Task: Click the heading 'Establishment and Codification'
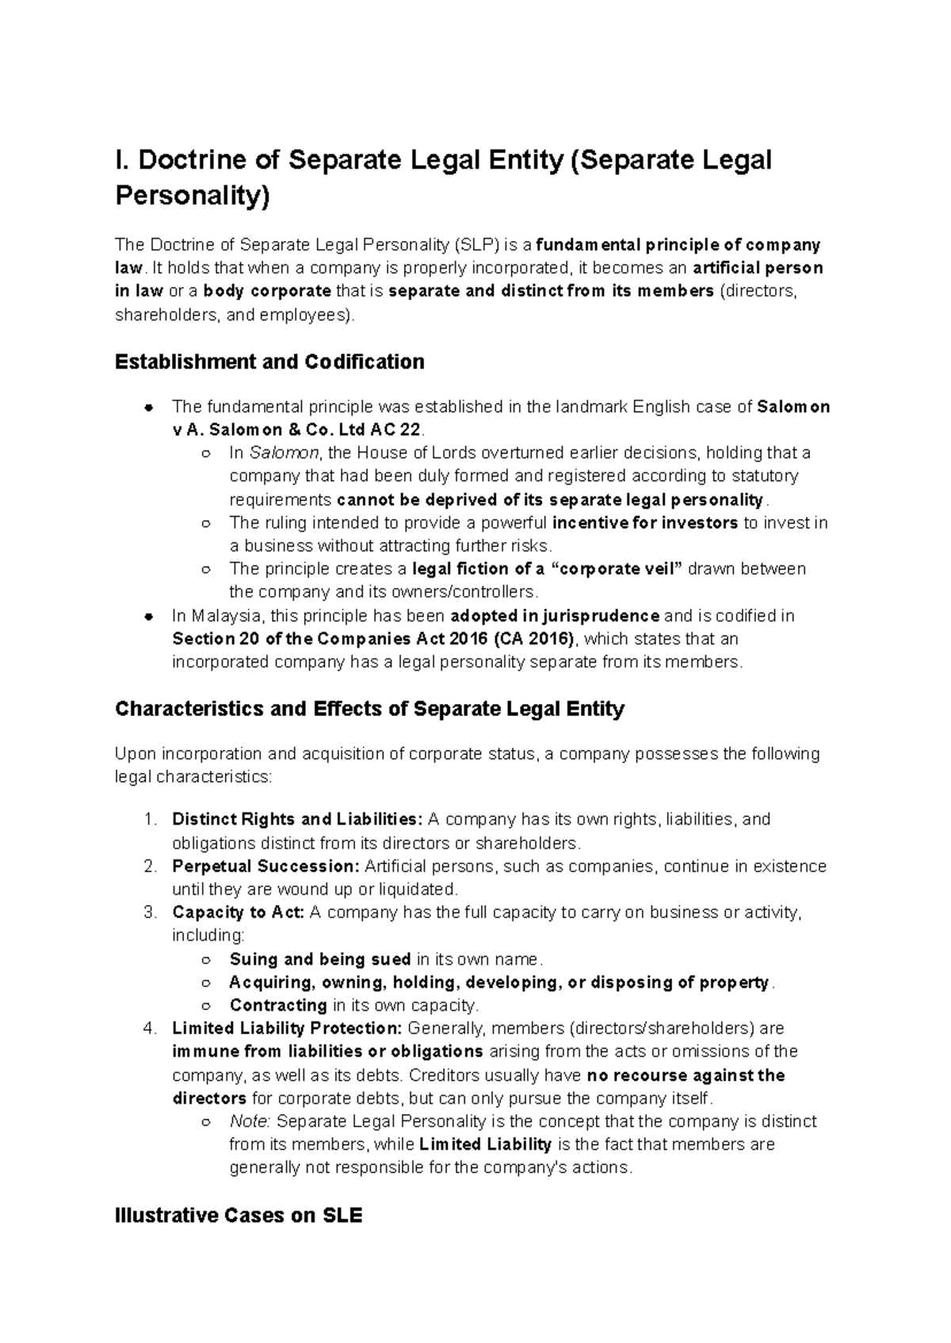(x=269, y=362)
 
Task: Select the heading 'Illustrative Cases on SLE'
(x=239, y=1215)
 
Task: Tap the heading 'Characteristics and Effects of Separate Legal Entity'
(x=369, y=709)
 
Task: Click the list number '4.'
(x=151, y=1028)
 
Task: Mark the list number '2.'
(x=151, y=866)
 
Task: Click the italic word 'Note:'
(x=250, y=1122)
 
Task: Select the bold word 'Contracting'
(x=278, y=1005)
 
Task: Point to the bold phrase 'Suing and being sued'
(x=320, y=959)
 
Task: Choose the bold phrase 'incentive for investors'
(x=645, y=523)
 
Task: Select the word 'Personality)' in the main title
(x=193, y=195)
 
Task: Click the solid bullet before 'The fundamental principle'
(x=148, y=408)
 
